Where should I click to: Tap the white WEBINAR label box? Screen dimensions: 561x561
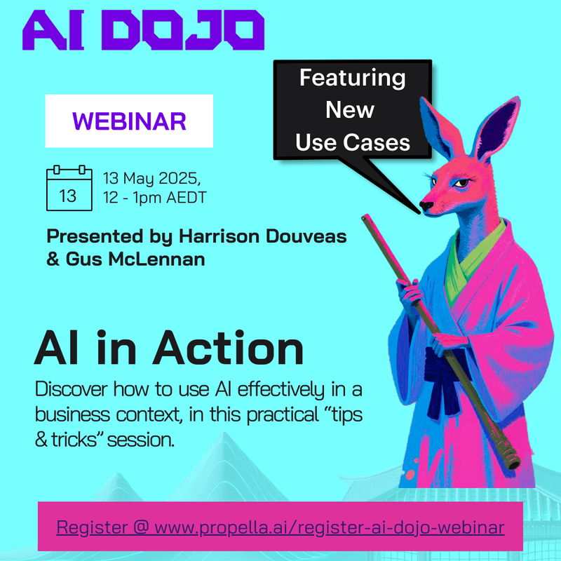tap(129, 121)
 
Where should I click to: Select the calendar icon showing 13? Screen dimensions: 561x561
tap(68, 188)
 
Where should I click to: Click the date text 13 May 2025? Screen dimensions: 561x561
tap(151, 177)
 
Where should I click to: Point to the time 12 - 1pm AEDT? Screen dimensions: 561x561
tap(154, 198)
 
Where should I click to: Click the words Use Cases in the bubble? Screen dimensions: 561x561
tap(352, 142)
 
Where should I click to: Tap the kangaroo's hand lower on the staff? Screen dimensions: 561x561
tap(449, 342)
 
